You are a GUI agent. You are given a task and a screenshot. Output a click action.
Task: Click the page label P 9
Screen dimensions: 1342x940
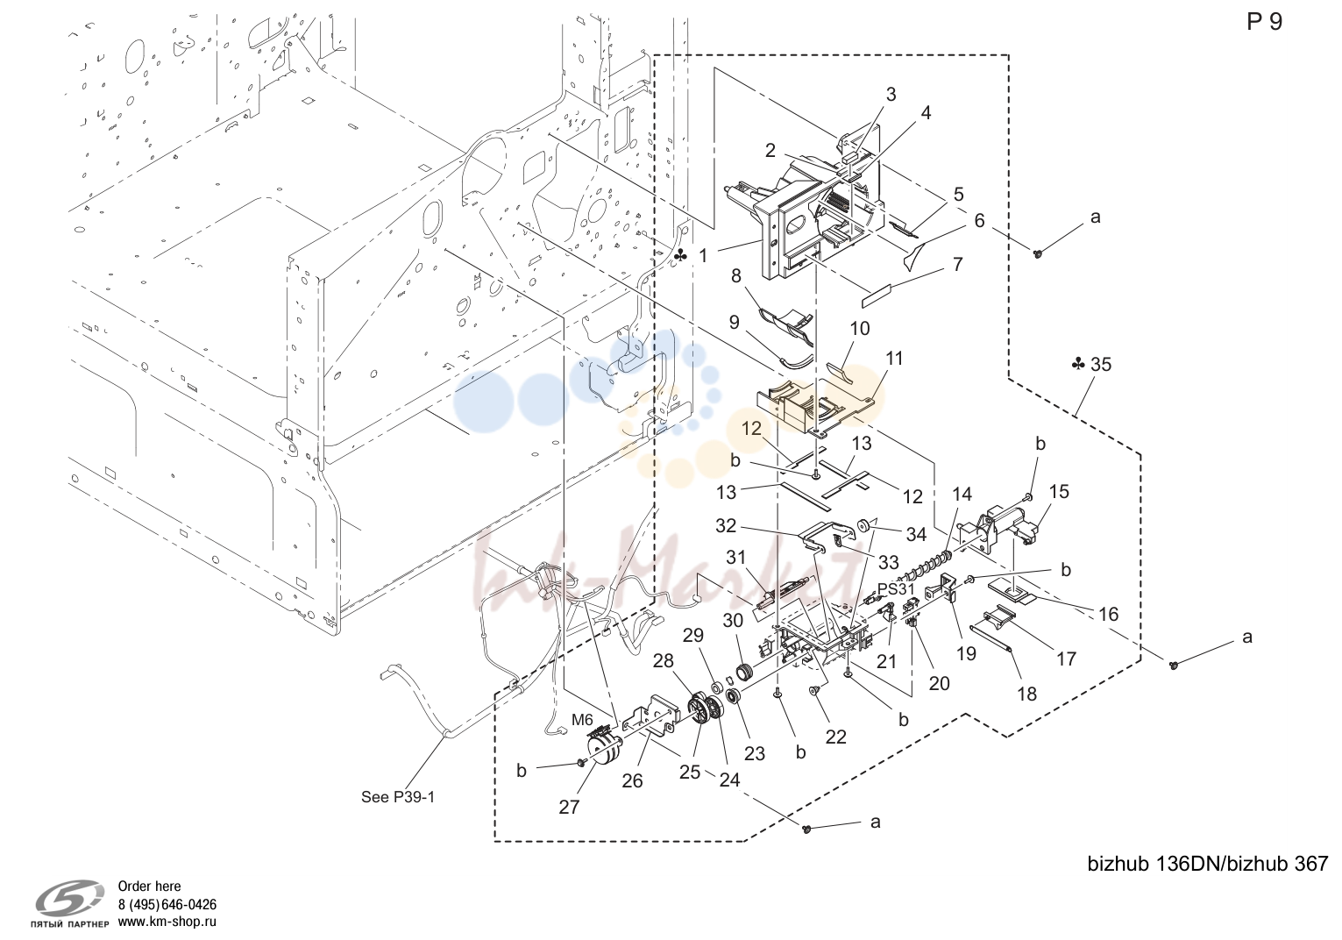coord(1264,22)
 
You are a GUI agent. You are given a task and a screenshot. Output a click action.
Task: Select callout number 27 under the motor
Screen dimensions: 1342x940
coord(569,807)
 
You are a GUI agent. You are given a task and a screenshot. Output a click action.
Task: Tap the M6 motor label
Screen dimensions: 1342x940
coord(582,720)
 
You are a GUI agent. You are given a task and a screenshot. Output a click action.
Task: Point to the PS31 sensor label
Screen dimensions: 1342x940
coord(896,588)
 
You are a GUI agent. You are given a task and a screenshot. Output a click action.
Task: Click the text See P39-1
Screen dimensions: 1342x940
coord(398,797)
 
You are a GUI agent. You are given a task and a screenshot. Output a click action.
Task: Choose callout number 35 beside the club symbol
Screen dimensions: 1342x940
coord(1101,364)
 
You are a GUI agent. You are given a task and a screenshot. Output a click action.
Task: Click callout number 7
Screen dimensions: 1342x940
coord(957,265)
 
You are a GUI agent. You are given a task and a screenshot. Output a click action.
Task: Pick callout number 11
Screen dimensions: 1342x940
coord(894,359)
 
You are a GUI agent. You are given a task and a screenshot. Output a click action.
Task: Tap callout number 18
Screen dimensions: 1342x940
coord(1026,694)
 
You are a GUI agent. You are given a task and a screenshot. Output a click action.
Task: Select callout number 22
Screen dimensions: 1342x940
coord(835,737)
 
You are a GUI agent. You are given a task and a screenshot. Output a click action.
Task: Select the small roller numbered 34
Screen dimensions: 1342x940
coord(863,525)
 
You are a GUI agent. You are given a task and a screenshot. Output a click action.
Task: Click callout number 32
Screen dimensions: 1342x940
coord(726,526)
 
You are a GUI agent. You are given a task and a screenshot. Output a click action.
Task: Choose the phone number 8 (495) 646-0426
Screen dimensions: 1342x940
coord(167,904)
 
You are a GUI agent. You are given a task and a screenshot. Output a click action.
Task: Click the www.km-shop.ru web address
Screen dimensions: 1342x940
coord(167,922)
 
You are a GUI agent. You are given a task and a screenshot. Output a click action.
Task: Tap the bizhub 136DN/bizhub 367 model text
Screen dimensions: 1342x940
coord(1208,864)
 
